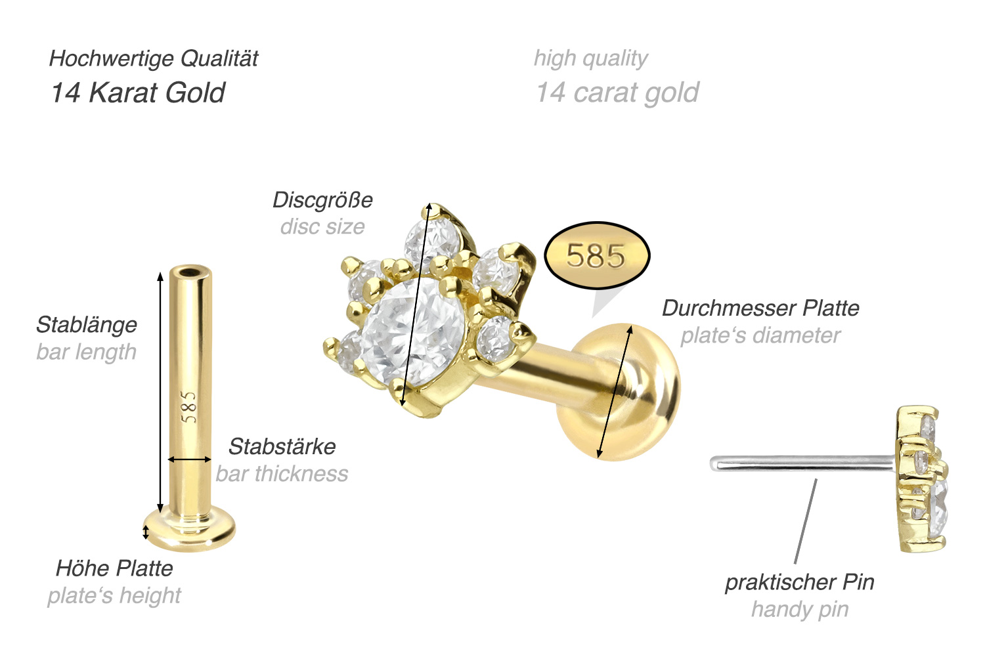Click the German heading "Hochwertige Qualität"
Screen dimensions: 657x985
tap(154, 59)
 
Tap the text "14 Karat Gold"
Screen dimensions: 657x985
tap(138, 93)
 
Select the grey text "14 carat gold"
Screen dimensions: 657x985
tap(617, 93)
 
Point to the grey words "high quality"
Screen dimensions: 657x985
tap(590, 59)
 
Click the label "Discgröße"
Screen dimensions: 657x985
tap(322, 200)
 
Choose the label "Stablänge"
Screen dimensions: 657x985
tap(87, 324)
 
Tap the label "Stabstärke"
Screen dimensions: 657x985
tap(282, 446)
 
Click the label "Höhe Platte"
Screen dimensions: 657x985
tap(114, 568)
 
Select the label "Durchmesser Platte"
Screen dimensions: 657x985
tap(760, 308)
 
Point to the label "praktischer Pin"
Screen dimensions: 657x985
tap(799, 582)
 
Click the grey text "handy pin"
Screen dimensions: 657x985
tap(800, 609)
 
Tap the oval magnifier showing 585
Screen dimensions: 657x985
tap(597, 255)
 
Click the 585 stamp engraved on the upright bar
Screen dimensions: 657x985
tap(189, 407)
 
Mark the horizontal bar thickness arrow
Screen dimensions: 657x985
tap(190, 459)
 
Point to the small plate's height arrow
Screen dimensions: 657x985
tap(146, 531)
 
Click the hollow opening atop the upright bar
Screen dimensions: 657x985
tap(191, 272)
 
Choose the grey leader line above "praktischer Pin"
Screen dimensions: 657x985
tap(806, 522)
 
